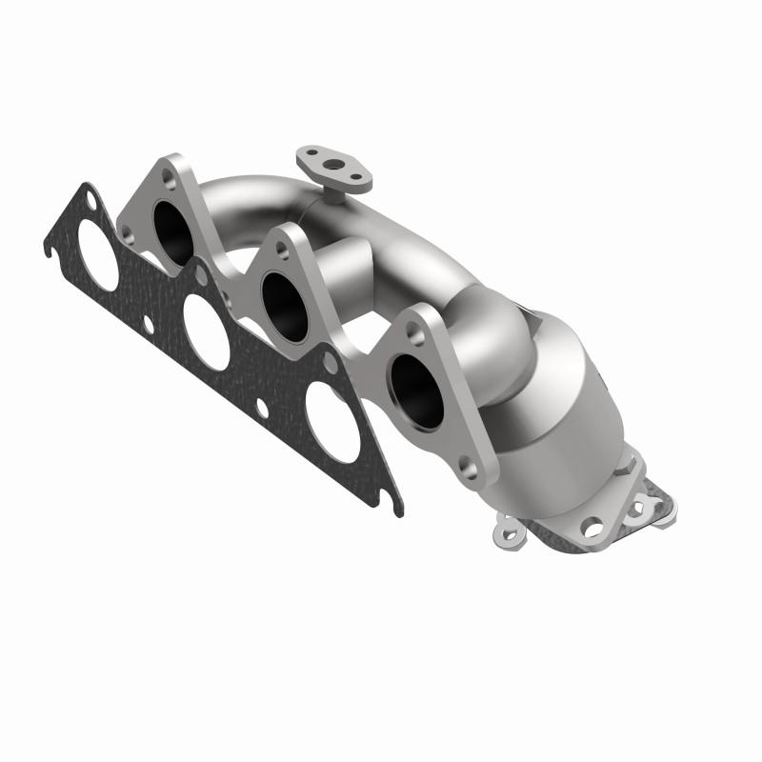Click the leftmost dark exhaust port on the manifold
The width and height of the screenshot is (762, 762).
tap(172, 232)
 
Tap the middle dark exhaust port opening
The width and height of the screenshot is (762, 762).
tap(285, 305)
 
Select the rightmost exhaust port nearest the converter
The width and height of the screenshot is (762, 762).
tap(416, 391)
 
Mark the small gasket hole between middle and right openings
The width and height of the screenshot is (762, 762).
tap(261, 408)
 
